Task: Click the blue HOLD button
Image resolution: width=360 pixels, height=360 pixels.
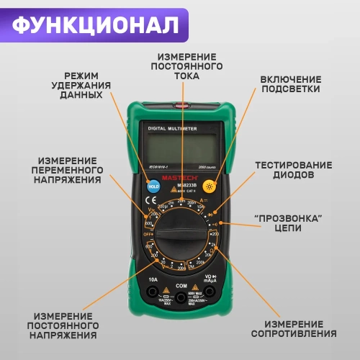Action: pos(153,186)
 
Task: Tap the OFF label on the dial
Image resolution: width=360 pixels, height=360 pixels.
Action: pos(148,235)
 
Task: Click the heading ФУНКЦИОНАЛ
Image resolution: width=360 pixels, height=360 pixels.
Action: pos(95,24)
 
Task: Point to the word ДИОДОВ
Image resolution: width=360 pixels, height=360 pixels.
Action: pos(293,175)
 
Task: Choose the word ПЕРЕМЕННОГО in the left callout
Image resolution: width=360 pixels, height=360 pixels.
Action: pos(71,169)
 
